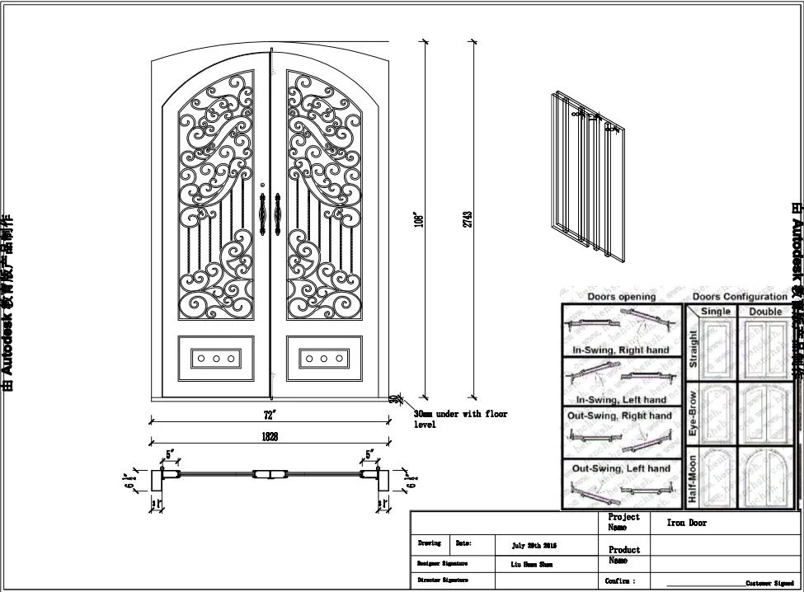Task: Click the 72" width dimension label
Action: coord(270,413)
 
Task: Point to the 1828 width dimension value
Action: coord(270,436)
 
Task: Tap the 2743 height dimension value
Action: coord(468,219)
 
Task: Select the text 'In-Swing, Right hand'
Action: coord(622,350)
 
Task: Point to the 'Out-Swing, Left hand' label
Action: coord(622,468)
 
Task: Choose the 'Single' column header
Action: coord(715,312)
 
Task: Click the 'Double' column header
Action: coord(765,312)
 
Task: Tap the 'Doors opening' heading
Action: coord(621,296)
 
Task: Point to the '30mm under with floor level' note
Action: coord(460,419)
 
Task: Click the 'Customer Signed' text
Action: coord(769,583)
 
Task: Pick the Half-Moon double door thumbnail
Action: coord(765,478)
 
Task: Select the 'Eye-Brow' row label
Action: coord(693,412)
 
